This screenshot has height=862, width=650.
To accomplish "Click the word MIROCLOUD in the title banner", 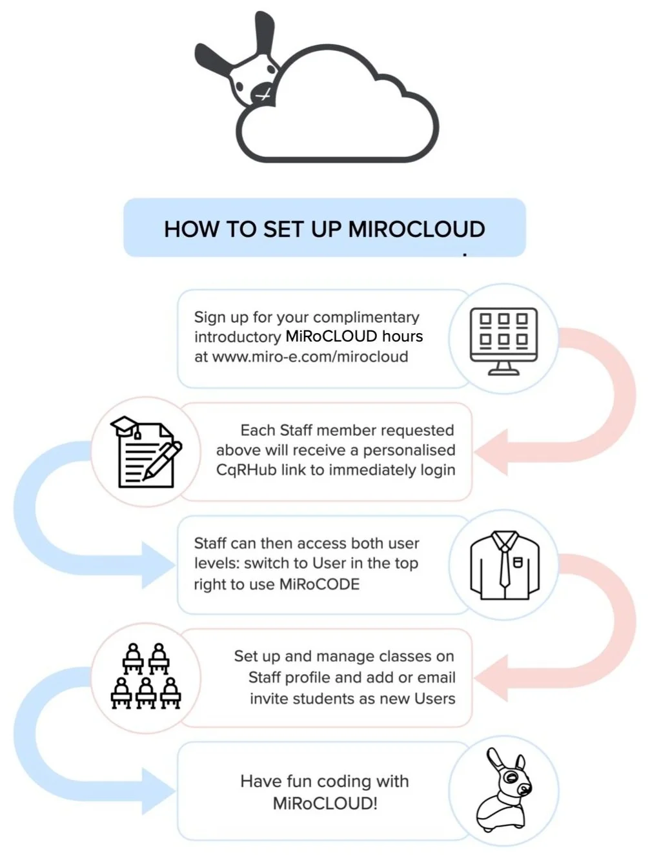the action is (x=416, y=229).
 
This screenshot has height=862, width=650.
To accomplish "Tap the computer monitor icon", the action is (x=503, y=340).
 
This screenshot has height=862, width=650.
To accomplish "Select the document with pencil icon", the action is (x=146, y=452).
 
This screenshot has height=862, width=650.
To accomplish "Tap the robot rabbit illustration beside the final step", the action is (x=503, y=790).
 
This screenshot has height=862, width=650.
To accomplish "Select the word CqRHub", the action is (x=246, y=470).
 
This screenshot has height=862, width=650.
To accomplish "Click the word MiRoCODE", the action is (x=319, y=584).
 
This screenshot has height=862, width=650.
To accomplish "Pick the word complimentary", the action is (x=366, y=317).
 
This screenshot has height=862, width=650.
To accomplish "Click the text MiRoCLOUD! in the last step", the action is (x=325, y=804).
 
